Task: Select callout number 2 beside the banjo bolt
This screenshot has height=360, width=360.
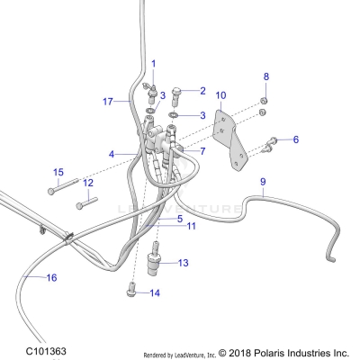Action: pyautogui.click(x=202, y=90)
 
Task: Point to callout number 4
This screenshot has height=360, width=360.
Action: pyautogui.click(x=112, y=154)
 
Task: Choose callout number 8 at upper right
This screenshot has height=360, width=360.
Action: pyautogui.click(x=265, y=76)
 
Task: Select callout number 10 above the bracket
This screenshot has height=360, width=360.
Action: pyautogui.click(x=221, y=94)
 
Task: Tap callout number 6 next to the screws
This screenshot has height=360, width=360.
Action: pyautogui.click(x=295, y=139)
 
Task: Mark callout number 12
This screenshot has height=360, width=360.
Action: pyautogui.click(x=88, y=183)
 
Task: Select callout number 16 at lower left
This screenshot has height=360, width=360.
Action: pyautogui.click(x=51, y=278)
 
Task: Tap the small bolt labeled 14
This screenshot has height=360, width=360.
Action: pyautogui.click(x=132, y=291)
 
